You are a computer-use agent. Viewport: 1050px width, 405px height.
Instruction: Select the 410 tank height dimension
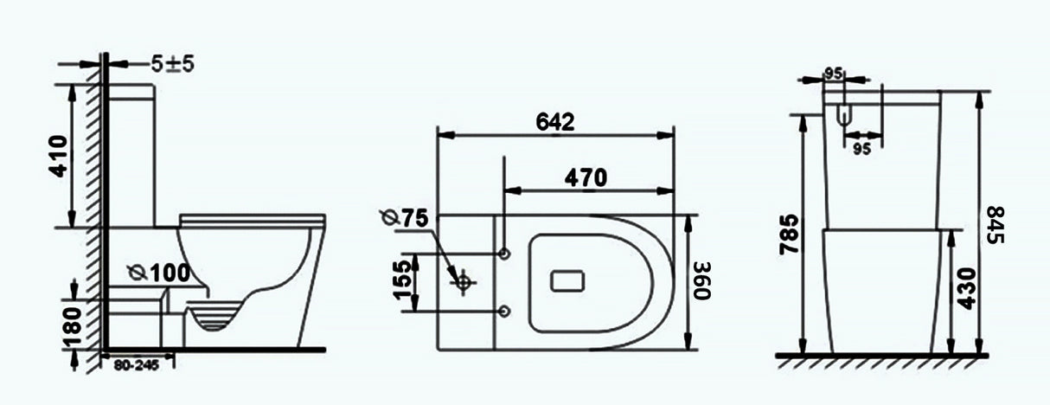[x=58, y=156]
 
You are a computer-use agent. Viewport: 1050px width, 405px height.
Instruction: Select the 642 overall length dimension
[x=554, y=121]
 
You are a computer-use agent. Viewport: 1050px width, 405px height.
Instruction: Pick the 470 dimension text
[x=586, y=177]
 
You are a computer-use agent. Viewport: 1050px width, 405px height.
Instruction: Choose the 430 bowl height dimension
[x=966, y=288]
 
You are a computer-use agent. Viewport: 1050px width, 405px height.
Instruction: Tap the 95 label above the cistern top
[x=833, y=74]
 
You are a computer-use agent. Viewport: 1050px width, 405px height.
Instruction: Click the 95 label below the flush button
[x=861, y=148]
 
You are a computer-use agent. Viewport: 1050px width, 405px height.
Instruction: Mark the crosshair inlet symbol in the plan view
[x=464, y=281]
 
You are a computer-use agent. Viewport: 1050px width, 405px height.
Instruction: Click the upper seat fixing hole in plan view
[x=504, y=253]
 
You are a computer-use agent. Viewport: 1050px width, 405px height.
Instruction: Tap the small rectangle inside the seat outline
[x=567, y=280]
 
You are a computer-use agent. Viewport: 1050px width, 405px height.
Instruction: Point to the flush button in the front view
[x=846, y=114]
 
